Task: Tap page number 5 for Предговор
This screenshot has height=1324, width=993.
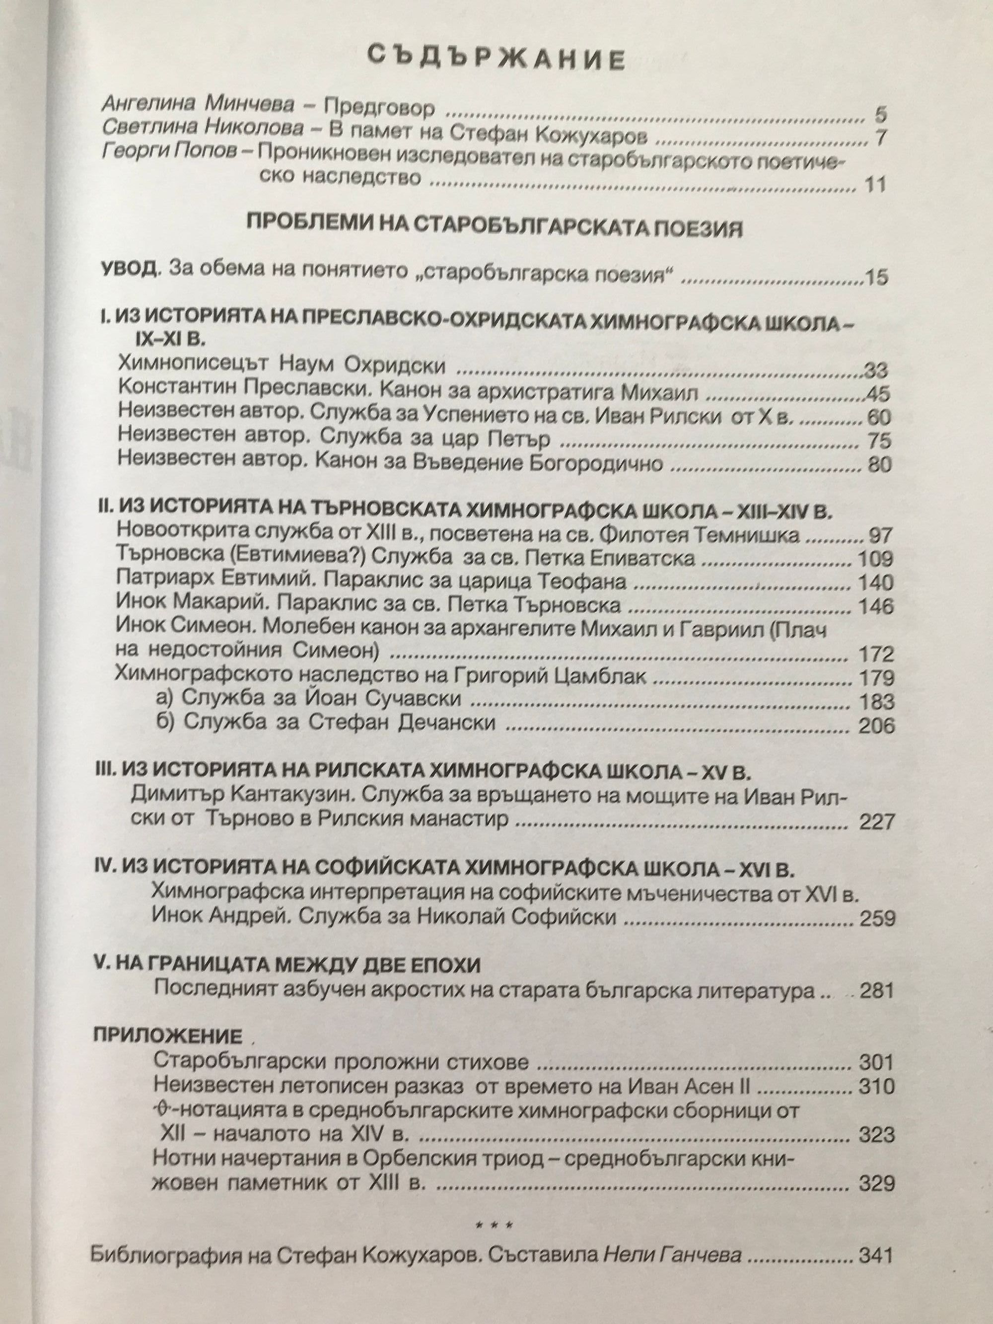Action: [x=879, y=114]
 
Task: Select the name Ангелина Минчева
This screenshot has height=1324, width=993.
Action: [x=198, y=105]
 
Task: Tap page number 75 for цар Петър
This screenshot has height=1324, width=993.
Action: [x=878, y=441]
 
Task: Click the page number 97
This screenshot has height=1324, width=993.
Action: [x=879, y=534]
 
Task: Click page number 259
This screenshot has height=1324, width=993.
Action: [x=877, y=918]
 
